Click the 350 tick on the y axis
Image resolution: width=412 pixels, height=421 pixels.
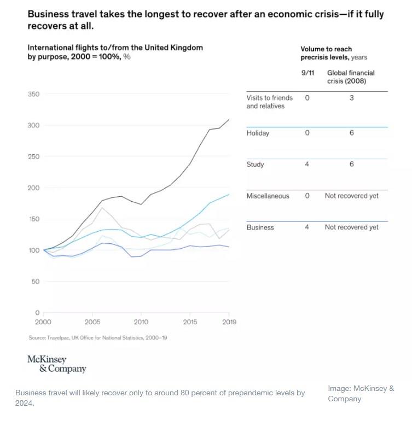(x=34, y=95)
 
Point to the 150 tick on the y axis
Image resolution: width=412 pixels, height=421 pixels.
(x=34, y=219)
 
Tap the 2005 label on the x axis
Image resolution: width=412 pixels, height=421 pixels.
(x=92, y=322)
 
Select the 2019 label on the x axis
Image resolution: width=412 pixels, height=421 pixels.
(x=229, y=322)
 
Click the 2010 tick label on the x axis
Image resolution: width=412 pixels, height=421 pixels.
(x=141, y=322)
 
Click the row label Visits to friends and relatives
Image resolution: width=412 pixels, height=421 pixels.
(x=270, y=102)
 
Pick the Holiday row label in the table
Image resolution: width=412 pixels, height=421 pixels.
(x=258, y=133)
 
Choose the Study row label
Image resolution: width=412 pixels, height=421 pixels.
(x=255, y=165)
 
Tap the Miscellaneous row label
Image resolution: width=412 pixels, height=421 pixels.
(x=268, y=196)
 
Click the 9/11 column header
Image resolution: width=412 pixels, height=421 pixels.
(x=307, y=73)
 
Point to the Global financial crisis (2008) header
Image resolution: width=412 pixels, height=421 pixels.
(x=350, y=77)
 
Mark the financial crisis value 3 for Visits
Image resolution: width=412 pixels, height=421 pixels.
(x=352, y=98)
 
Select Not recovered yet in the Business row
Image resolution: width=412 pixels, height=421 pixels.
(x=351, y=227)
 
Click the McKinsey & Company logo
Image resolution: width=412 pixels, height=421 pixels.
(x=56, y=364)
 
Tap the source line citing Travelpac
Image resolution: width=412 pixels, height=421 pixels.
(x=98, y=338)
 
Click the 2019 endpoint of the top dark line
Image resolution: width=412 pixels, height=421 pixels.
(x=229, y=119)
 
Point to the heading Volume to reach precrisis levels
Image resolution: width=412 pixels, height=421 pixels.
(x=334, y=53)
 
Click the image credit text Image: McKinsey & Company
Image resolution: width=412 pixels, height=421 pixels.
(x=361, y=394)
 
